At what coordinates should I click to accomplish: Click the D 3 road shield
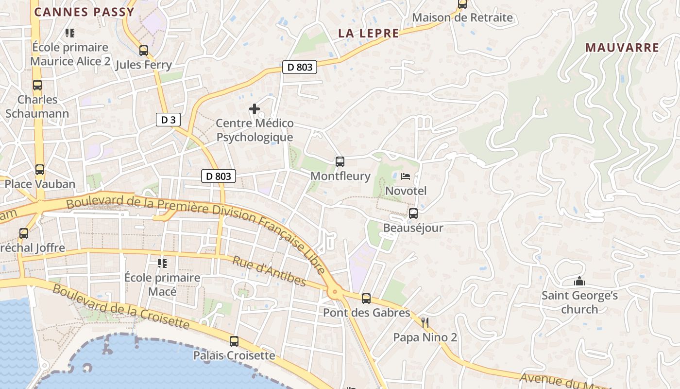click(168, 120)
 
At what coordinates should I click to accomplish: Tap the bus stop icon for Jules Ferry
click(143, 50)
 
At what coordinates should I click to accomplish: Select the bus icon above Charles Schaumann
click(37, 85)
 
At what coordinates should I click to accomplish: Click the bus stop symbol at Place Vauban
click(40, 170)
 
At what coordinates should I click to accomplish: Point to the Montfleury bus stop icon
click(340, 161)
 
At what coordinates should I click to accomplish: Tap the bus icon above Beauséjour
click(413, 213)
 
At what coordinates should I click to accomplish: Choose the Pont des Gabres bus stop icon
click(366, 298)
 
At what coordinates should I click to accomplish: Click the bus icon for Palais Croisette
click(234, 341)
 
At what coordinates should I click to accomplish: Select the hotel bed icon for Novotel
click(406, 176)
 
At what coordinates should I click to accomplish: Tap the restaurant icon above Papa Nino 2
click(425, 322)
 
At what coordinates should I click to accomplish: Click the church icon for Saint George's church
click(579, 281)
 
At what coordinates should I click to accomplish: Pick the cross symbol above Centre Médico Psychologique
click(254, 109)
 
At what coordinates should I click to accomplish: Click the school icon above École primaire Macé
click(162, 263)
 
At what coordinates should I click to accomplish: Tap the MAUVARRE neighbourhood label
click(622, 48)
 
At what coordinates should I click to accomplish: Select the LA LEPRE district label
click(369, 33)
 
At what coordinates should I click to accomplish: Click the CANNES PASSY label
click(84, 12)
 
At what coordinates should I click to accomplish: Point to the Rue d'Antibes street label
click(269, 271)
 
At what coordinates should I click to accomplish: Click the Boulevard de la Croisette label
click(120, 306)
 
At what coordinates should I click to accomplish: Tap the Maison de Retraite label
click(462, 18)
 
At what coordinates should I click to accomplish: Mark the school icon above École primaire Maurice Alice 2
click(70, 33)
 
